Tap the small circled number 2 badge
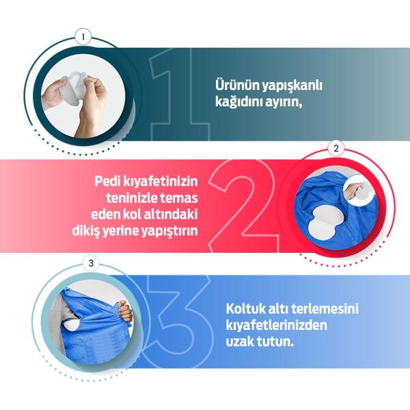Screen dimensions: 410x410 [335, 148]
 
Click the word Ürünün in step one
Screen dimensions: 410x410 [230, 86]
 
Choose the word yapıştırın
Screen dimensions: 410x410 [171, 230]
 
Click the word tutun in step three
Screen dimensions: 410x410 [275, 341]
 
